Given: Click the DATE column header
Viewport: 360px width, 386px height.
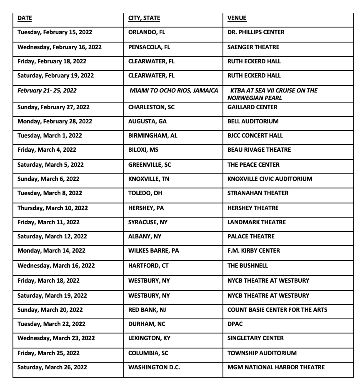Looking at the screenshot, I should [x=25, y=18].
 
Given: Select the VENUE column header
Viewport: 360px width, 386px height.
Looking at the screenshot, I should [x=237, y=18].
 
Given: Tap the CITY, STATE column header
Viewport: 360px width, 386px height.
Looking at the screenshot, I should [x=144, y=18].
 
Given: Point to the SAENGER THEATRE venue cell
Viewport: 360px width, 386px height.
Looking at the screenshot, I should [x=253, y=47].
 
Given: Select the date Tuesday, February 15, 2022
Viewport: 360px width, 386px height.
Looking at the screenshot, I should [x=55, y=32].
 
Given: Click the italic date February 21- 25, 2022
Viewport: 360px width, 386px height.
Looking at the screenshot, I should [x=47, y=90].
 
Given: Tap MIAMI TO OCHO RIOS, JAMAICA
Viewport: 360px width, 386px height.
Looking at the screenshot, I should [x=174, y=90].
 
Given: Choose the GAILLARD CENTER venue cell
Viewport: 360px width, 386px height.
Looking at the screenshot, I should [x=252, y=107].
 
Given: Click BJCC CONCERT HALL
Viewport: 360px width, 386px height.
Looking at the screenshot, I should [x=255, y=135].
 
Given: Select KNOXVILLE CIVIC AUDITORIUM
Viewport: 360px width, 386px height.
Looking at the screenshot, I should [x=270, y=179].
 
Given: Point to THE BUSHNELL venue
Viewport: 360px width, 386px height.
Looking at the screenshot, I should [x=247, y=266].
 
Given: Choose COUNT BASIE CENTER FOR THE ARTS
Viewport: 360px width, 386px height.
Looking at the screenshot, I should [x=277, y=310].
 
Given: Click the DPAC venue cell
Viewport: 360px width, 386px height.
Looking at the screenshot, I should [x=235, y=324].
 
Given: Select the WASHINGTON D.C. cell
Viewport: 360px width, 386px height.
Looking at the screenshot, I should [x=154, y=367].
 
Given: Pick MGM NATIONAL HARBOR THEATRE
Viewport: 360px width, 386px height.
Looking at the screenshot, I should [x=276, y=367].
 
